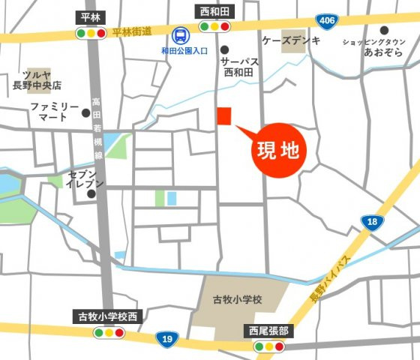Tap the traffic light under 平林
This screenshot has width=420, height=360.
click(x=91, y=33)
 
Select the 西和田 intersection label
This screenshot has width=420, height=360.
click(x=214, y=11)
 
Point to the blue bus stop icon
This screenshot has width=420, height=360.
click(x=180, y=34)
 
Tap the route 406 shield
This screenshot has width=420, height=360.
click(x=325, y=20)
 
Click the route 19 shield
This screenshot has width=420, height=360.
click(x=168, y=340)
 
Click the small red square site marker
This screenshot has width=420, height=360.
click(x=224, y=115)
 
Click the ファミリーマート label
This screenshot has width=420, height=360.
click(x=55, y=113)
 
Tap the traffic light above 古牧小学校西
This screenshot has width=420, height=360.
click(x=109, y=331)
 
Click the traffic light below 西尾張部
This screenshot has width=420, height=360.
click(x=269, y=346)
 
